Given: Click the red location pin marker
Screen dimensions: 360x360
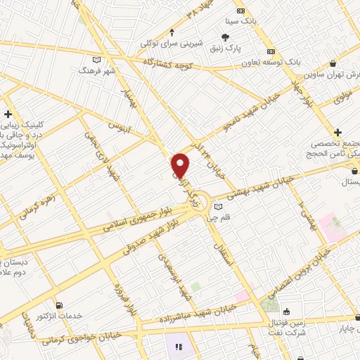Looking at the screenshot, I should click(x=181, y=165).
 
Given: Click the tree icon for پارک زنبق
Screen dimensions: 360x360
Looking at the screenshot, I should click(x=224, y=38).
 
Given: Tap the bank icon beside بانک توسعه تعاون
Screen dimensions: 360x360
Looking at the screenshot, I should click(x=271, y=51).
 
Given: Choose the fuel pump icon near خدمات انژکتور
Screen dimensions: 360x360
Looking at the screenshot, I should click(x=58, y=305).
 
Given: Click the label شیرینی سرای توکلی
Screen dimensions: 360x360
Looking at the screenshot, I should click(x=172, y=44).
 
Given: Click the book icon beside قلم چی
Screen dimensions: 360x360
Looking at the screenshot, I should click(x=219, y=207).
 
